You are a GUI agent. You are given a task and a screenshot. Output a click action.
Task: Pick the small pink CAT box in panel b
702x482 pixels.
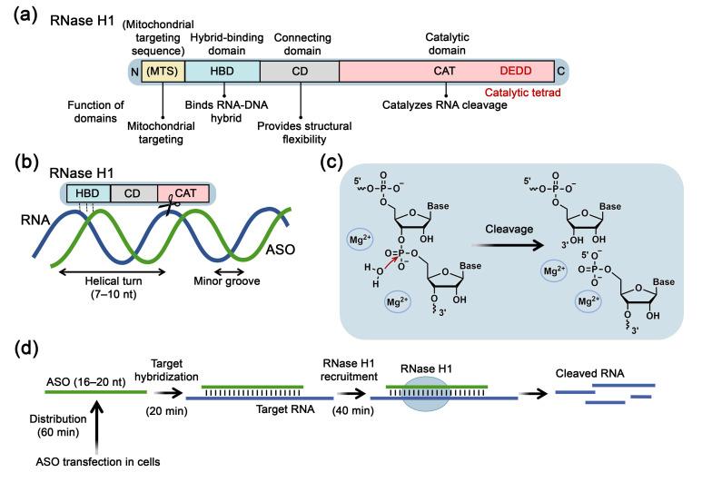(183, 192)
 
